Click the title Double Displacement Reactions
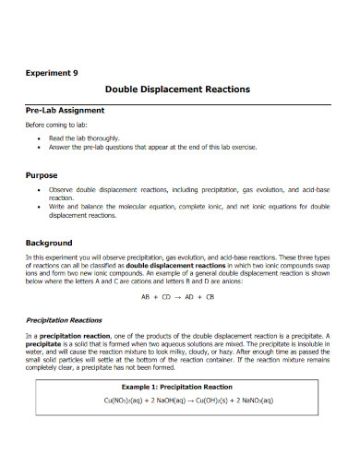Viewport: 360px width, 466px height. pos(179,90)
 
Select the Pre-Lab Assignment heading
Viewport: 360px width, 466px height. pos(64,110)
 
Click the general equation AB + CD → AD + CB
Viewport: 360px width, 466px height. pos(178,297)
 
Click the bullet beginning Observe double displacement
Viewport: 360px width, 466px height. pos(184,191)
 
